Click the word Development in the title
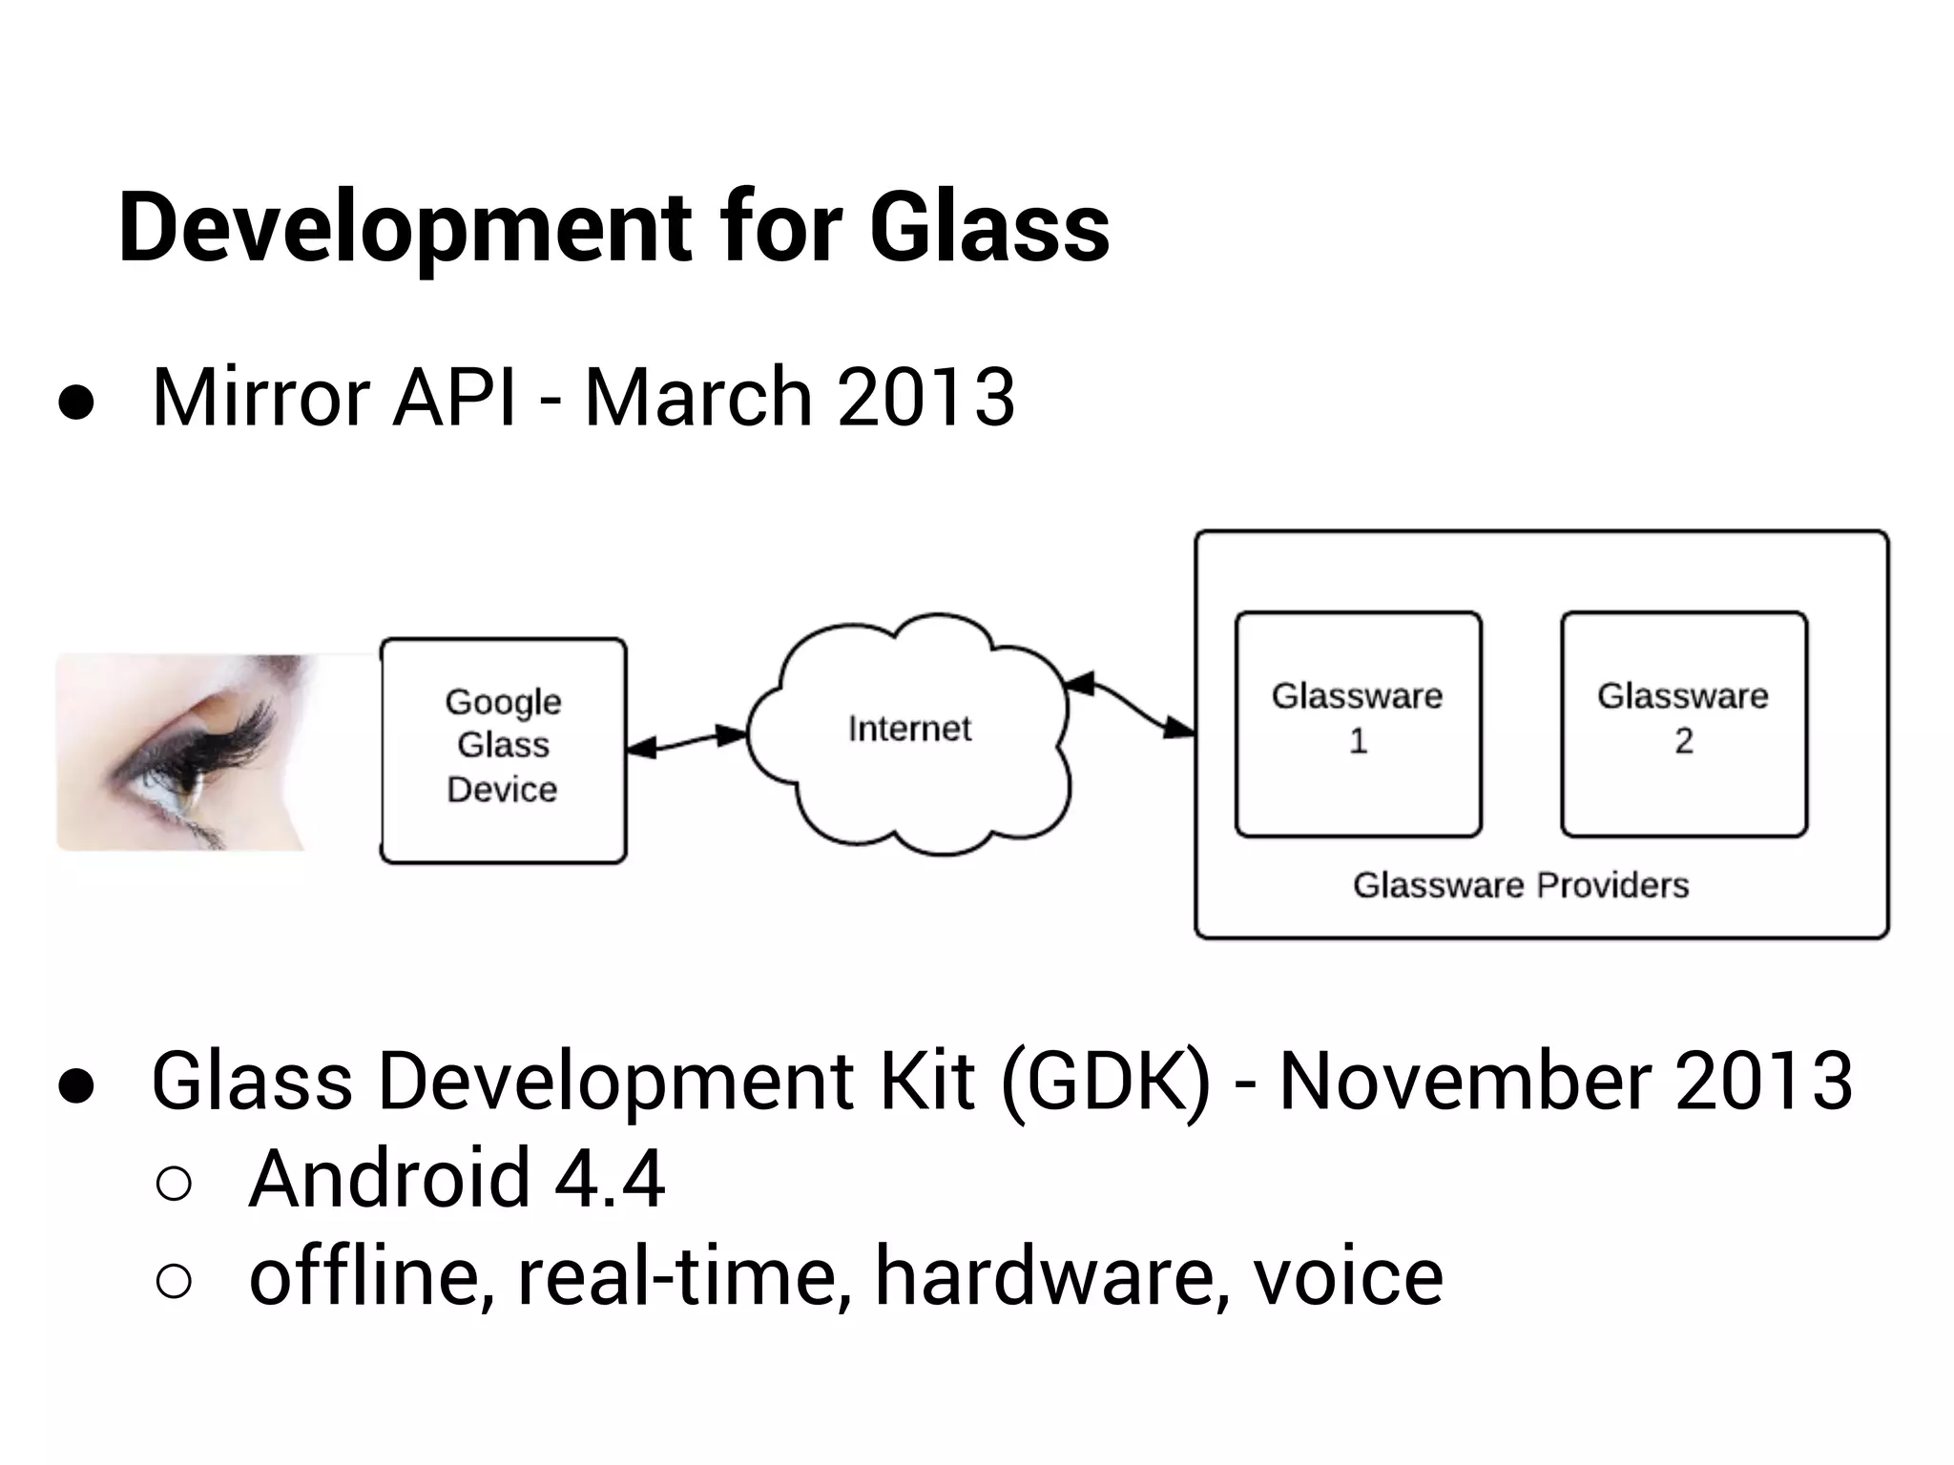coord(405,229)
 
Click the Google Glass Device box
coord(503,750)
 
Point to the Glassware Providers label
coord(1521,885)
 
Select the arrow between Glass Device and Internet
coord(686,741)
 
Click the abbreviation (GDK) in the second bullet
coord(1107,1082)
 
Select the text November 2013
coord(1565,1082)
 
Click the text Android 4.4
coord(456,1180)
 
